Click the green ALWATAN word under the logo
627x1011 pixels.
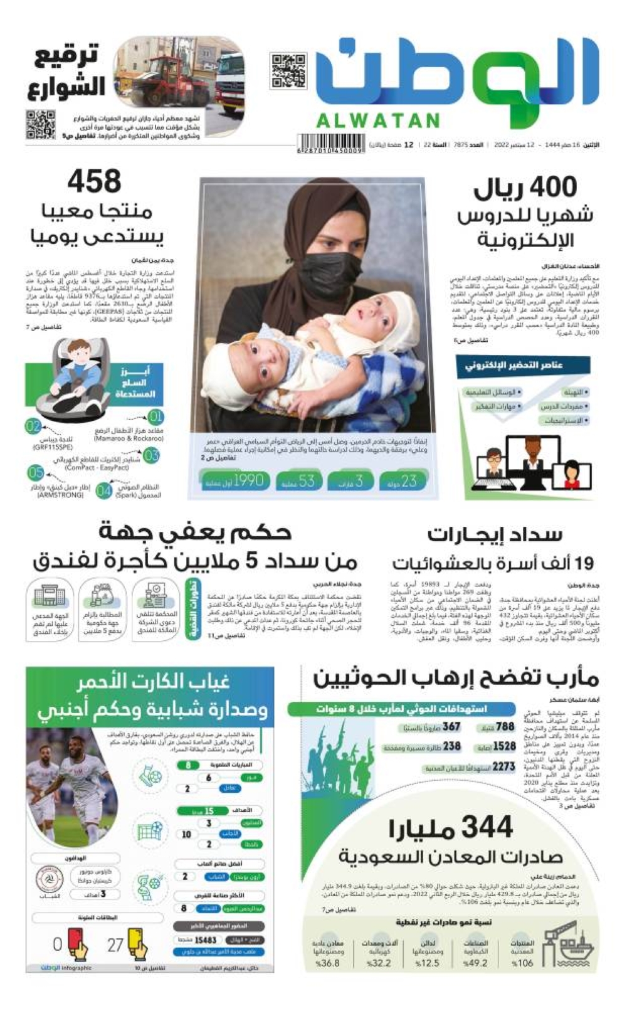(377, 120)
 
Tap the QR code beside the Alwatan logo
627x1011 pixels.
(288, 70)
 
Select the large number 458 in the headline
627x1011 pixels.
(94, 182)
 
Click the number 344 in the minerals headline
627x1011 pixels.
(484, 828)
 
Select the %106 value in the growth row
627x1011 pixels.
(522, 963)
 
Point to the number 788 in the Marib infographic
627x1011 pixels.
(505, 728)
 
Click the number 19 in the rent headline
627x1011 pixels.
(582, 563)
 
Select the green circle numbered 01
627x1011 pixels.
(155, 416)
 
